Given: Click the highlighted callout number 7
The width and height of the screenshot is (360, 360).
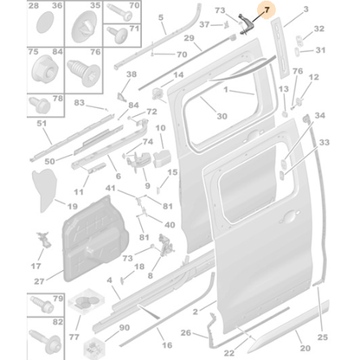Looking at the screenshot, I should [x=267, y=10].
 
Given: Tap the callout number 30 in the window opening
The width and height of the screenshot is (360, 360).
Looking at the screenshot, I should [x=221, y=116].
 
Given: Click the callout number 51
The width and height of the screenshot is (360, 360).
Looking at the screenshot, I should [x=17, y=123].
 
